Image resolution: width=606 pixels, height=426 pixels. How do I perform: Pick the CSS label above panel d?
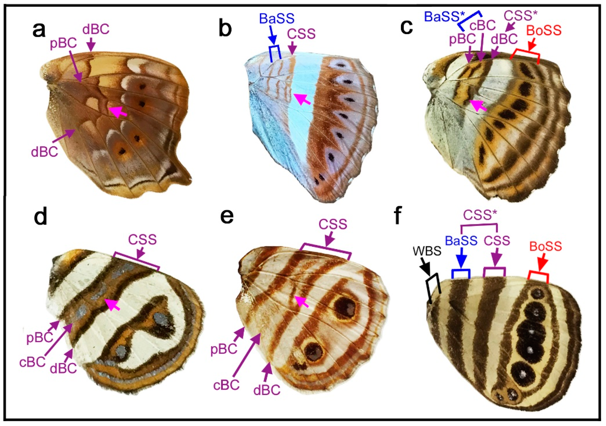point(143,240)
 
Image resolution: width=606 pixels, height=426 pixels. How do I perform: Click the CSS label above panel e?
point(333,224)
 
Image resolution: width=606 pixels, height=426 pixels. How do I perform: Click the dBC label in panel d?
point(63,368)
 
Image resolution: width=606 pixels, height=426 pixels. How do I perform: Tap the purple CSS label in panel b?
point(301,34)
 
